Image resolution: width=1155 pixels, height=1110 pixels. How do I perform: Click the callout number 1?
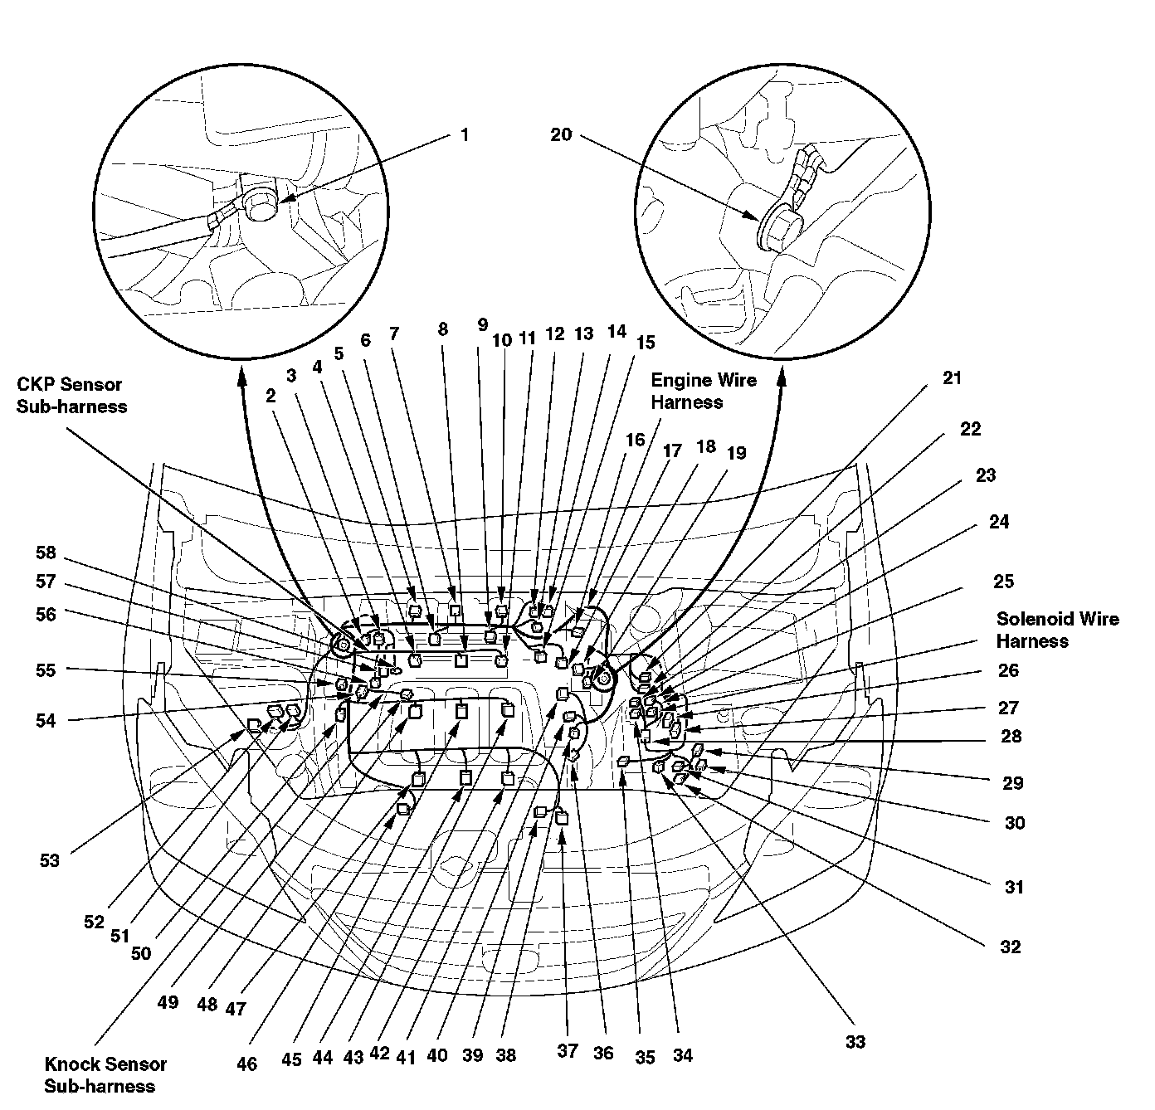click(x=464, y=134)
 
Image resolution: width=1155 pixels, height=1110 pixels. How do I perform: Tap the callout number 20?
click(x=561, y=134)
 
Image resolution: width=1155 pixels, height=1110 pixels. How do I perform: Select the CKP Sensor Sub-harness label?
click(x=71, y=396)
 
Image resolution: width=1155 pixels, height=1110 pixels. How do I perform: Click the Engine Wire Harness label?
click(x=704, y=391)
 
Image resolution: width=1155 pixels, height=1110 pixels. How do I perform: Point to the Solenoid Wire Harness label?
click(x=1057, y=630)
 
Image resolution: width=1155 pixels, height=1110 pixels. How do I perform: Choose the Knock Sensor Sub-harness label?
click(x=105, y=1074)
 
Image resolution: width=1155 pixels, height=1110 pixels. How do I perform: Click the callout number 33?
click(x=855, y=1041)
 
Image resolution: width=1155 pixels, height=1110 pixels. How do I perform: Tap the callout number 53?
click(x=50, y=860)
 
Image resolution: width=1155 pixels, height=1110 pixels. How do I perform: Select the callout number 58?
click(x=46, y=553)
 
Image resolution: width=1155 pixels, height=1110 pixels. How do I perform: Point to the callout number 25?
click(x=1003, y=582)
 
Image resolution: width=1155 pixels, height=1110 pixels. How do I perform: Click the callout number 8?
click(x=443, y=329)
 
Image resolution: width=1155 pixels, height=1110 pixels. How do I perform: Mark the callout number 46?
click(x=246, y=1064)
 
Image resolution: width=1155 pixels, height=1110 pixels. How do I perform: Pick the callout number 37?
click(x=567, y=1051)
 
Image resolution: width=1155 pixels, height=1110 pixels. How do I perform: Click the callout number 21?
click(x=952, y=378)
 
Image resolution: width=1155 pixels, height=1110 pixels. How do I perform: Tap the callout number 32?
click(x=1010, y=947)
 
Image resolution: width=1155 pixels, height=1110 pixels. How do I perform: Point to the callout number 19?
click(x=736, y=453)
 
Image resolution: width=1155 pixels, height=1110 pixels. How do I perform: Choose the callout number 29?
click(x=1012, y=783)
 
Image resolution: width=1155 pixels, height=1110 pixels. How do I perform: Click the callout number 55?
click(x=46, y=668)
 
